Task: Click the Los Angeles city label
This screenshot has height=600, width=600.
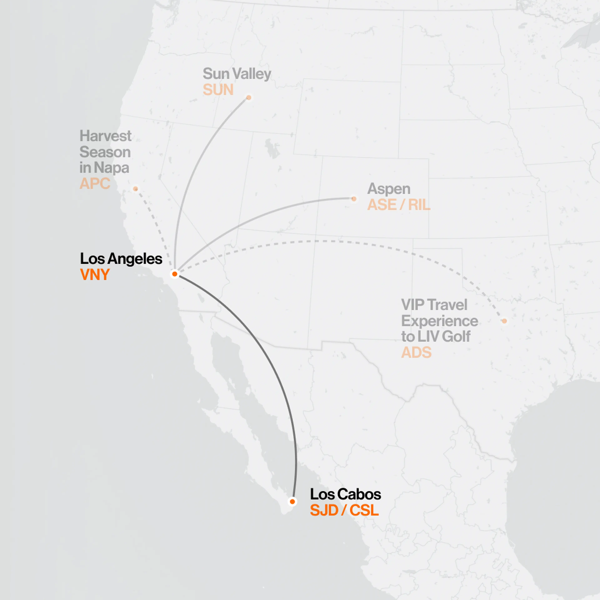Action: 121,259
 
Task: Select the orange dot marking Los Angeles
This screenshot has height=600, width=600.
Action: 175,274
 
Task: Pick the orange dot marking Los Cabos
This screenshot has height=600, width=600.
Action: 292,502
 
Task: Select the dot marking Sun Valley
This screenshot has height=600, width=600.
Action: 249,97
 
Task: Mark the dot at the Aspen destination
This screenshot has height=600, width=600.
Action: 354,199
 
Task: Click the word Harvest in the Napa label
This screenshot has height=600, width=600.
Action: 105,136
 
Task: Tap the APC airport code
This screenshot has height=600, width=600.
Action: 95,184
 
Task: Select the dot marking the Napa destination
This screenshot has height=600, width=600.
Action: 135,189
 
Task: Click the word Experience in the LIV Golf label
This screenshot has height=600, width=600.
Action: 439,321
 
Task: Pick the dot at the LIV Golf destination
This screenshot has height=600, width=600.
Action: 504,321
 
